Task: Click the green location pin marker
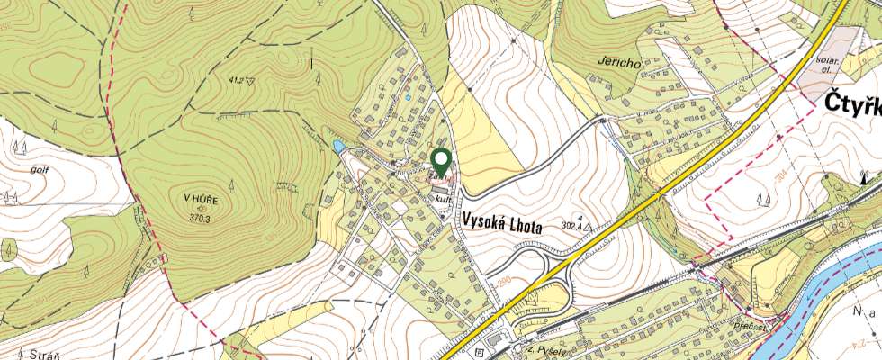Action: click(441, 162)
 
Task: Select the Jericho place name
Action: click(617, 63)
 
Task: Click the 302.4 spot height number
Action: click(574, 226)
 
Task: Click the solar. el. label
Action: click(827, 65)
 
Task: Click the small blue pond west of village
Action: click(338, 145)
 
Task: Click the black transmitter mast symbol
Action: click(863, 176)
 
